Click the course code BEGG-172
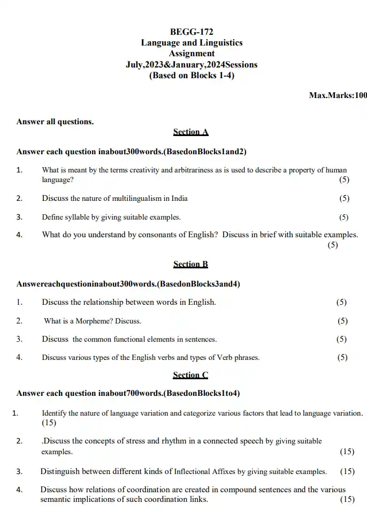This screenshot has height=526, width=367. [x=191, y=32]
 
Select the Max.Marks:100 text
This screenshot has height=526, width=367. [x=338, y=95]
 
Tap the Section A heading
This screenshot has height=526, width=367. [x=190, y=132]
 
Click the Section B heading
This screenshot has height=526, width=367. [x=190, y=264]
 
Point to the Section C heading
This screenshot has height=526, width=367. [x=190, y=375]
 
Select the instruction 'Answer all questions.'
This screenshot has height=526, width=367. [x=55, y=122]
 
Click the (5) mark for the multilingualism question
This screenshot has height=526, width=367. [x=344, y=198]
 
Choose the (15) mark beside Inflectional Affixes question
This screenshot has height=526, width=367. [x=347, y=471]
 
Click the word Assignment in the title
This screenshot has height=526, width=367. [x=191, y=54]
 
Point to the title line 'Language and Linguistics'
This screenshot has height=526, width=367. [x=191, y=43]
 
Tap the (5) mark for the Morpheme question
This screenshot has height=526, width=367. [x=342, y=321]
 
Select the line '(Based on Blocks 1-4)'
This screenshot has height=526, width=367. [x=191, y=76]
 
